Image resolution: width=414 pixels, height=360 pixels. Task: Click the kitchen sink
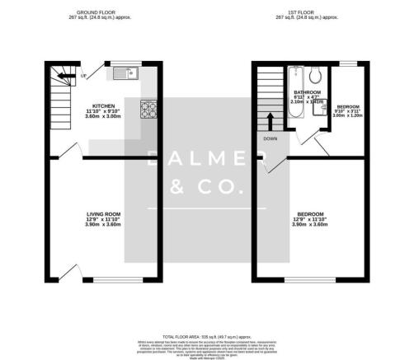[x=128, y=73]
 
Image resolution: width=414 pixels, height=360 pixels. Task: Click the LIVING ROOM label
[x=104, y=215]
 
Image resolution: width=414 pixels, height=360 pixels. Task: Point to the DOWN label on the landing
[x=269, y=139]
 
